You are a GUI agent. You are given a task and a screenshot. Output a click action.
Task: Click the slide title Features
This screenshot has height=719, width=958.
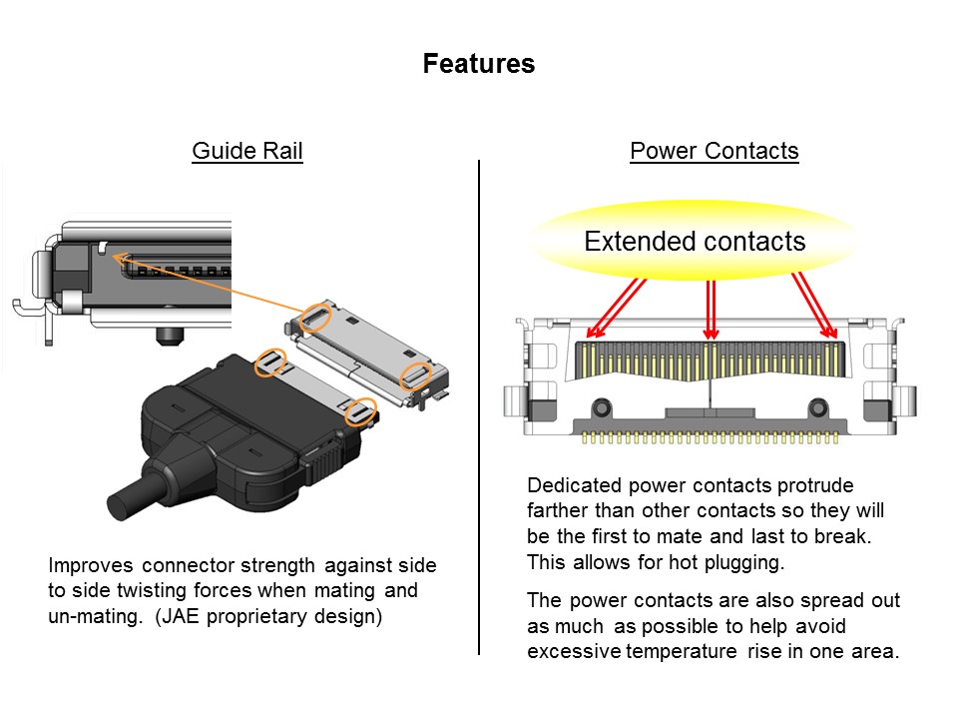pos(478,64)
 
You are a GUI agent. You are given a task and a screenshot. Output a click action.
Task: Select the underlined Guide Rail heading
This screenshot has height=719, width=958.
pos(246,151)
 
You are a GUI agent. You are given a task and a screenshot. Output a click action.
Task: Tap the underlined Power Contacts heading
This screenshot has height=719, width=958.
pos(714,151)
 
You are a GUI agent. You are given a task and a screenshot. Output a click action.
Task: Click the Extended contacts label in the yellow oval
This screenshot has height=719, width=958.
pos(694,242)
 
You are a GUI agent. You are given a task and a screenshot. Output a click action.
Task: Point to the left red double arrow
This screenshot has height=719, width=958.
pos(616,306)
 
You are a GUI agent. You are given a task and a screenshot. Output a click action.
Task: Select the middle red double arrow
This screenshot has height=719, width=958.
pos(711,308)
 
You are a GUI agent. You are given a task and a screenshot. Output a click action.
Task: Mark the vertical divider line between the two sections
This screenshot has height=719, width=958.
pos(479,399)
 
